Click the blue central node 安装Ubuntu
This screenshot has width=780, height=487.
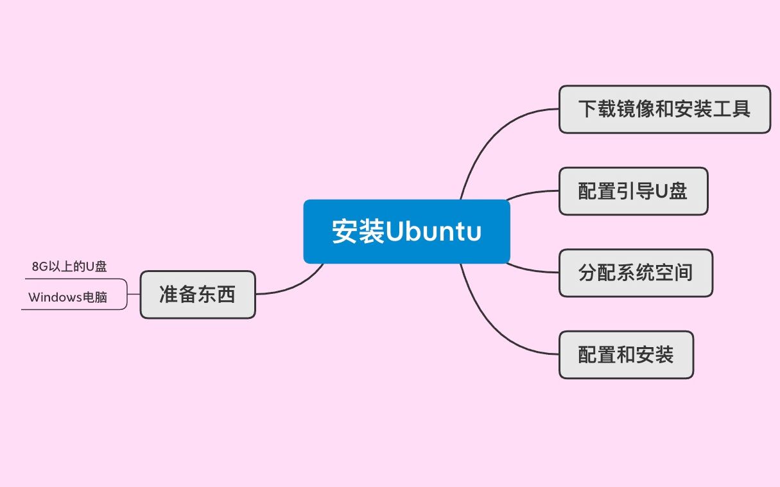coord(406,231)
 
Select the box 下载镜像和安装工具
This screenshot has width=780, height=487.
coord(664,109)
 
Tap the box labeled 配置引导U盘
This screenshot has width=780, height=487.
coord(633,191)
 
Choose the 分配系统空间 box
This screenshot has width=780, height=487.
coord(636,273)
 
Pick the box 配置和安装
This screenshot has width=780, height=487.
coord(626,355)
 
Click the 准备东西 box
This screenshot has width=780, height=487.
coord(197,295)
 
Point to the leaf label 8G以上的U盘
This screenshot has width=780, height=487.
coord(69,267)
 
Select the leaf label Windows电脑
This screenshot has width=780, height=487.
coord(67,298)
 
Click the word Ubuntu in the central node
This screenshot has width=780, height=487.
coord(433,232)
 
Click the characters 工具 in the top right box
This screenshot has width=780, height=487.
coord(732,109)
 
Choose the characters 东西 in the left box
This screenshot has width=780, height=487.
coord(216,295)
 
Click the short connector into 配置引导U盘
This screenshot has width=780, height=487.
coord(533,192)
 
